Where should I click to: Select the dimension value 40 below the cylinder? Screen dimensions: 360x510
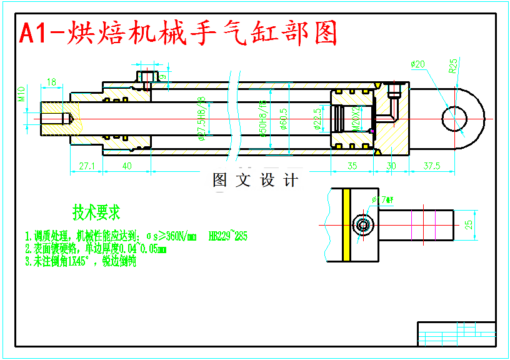[x=127, y=166]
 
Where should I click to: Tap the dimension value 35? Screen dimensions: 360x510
[x=352, y=166]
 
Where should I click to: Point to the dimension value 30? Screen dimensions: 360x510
[x=391, y=166]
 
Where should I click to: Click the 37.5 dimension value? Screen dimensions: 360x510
[x=431, y=166]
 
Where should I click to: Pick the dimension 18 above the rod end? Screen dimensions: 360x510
[x=51, y=82]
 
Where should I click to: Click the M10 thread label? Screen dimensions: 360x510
[x=21, y=94]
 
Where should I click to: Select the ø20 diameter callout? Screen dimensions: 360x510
[x=417, y=64]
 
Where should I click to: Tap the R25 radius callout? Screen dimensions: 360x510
[x=454, y=66]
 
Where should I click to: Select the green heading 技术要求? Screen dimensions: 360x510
[x=96, y=212]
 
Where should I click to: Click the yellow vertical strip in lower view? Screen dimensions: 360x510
[x=345, y=225]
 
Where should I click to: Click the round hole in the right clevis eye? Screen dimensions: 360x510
[x=454, y=119]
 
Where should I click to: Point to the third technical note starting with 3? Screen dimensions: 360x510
[x=81, y=262]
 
